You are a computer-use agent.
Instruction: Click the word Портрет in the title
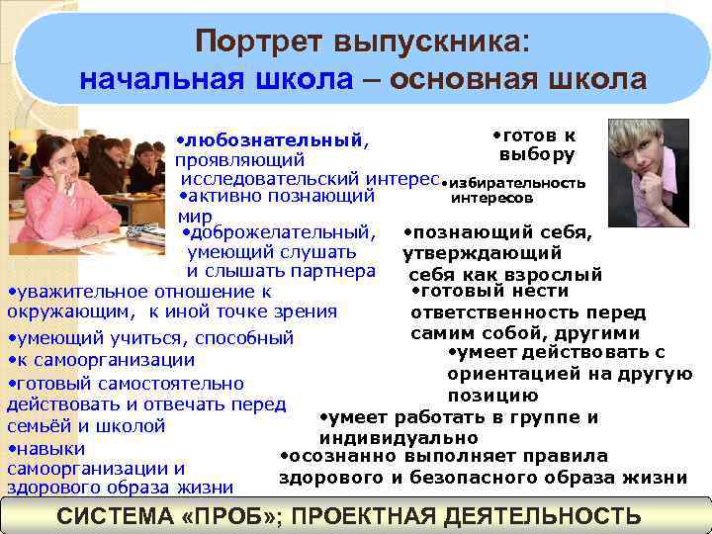click(x=246, y=42)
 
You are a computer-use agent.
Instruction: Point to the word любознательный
click(x=270, y=140)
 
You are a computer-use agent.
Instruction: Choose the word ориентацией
click(x=522, y=374)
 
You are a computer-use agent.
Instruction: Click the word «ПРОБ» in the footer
click(x=244, y=516)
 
